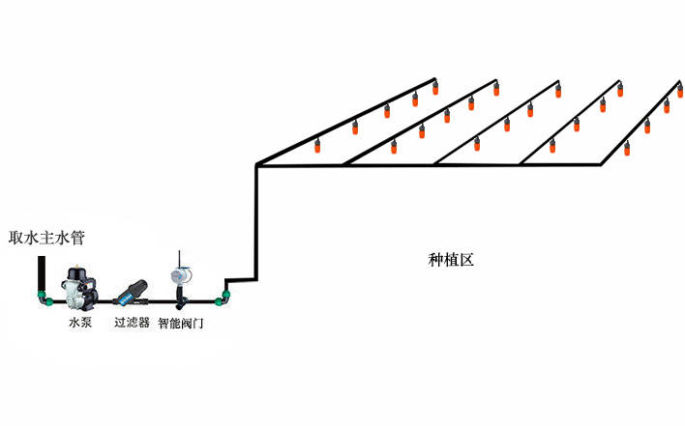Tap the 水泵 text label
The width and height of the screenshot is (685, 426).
(80, 323)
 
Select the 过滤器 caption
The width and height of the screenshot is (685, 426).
(132, 323)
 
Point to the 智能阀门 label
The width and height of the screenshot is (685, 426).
(181, 323)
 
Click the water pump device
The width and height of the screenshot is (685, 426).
(76, 289)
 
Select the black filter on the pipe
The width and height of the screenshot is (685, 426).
(131, 290)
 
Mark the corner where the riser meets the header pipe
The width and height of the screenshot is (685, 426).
(256, 166)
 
